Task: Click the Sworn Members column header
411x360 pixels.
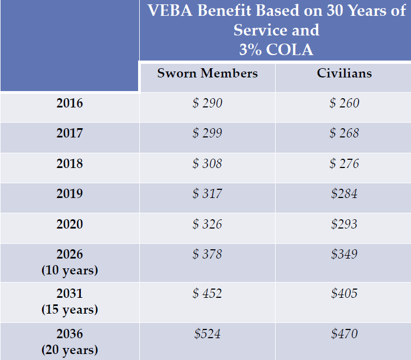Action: pos(207,74)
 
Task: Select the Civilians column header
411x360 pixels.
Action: pos(344,74)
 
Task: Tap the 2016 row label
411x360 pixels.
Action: pos(69,103)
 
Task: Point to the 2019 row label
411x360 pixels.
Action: pos(69,194)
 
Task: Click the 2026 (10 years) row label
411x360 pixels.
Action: pos(69,262)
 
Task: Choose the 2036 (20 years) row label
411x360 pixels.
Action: pos(69,341)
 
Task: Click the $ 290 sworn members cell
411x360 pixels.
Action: pos(207,103)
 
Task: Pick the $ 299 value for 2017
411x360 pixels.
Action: pos(207,133)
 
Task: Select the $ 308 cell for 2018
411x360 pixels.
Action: pos(207,164)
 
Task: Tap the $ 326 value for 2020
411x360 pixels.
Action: pos(207,224)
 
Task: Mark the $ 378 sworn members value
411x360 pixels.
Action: pos(207,254)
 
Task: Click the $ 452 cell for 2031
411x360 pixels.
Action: pos(207,293)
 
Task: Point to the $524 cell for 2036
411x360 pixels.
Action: pos(207,333)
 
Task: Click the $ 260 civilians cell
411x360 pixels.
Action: pos(344,103)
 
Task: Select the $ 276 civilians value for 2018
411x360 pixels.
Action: pos(344,164)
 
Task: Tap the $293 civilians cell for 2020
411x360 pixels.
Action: pos(344,224)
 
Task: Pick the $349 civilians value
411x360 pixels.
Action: pos(344,254)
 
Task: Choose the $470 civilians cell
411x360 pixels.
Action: pos(344,333)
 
